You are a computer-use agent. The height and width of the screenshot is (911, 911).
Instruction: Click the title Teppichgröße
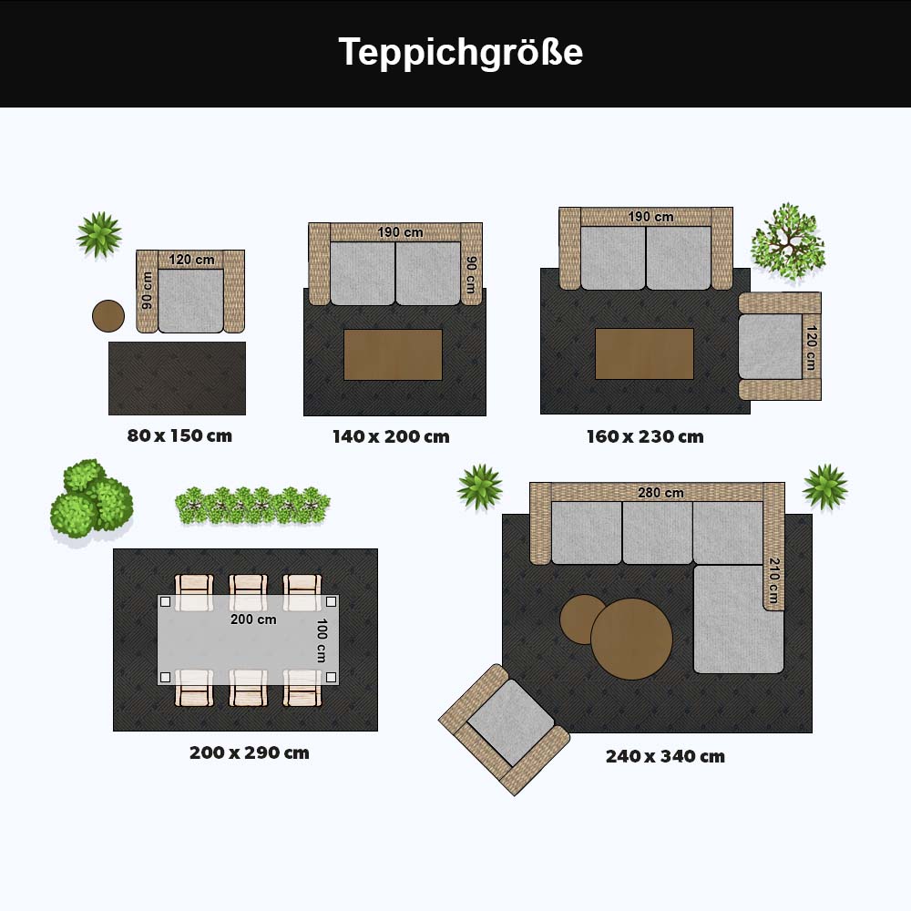(460, 52)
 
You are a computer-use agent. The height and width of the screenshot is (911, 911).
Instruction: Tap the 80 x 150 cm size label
(179, 435)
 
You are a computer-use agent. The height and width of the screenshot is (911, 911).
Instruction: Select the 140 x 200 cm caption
(391, 437)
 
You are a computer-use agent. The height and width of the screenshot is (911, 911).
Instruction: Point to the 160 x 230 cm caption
(645, 437)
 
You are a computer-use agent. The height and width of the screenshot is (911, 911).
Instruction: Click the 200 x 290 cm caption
(250, 753)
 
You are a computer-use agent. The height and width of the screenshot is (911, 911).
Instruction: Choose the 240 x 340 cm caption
(665, 756)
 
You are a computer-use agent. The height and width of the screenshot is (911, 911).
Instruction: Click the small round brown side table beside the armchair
(108, 316)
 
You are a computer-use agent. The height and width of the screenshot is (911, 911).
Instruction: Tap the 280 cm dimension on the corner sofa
(660, 493)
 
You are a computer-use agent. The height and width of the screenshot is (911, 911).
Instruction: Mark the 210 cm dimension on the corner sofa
(773, 580)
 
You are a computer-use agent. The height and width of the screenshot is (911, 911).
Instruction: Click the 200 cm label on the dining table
(253, 619)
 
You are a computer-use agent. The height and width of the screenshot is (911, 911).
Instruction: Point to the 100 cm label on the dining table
(322, 640)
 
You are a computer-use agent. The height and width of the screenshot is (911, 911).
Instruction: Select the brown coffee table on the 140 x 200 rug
(394, 354)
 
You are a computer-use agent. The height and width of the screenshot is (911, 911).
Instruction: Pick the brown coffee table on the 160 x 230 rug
(644, 353)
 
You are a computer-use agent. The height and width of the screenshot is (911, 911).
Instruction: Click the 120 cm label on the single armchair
(191, 260)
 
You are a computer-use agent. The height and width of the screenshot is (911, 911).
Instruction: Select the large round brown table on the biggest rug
(631, 640)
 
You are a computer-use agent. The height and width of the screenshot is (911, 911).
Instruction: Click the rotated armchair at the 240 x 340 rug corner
(505, 730)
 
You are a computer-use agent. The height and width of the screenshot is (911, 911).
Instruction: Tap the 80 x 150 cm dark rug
(178, 378)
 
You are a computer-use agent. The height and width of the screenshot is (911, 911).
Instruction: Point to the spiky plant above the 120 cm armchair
(99, 235)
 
